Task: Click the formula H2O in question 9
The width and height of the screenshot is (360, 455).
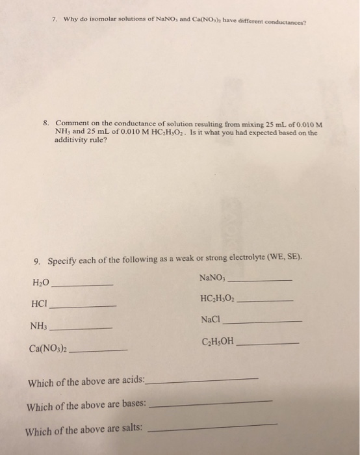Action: tap(40, 283)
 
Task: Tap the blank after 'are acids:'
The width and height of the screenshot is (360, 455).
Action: tap(203, 380)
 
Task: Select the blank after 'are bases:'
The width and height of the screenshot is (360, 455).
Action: tap(211, 404)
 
